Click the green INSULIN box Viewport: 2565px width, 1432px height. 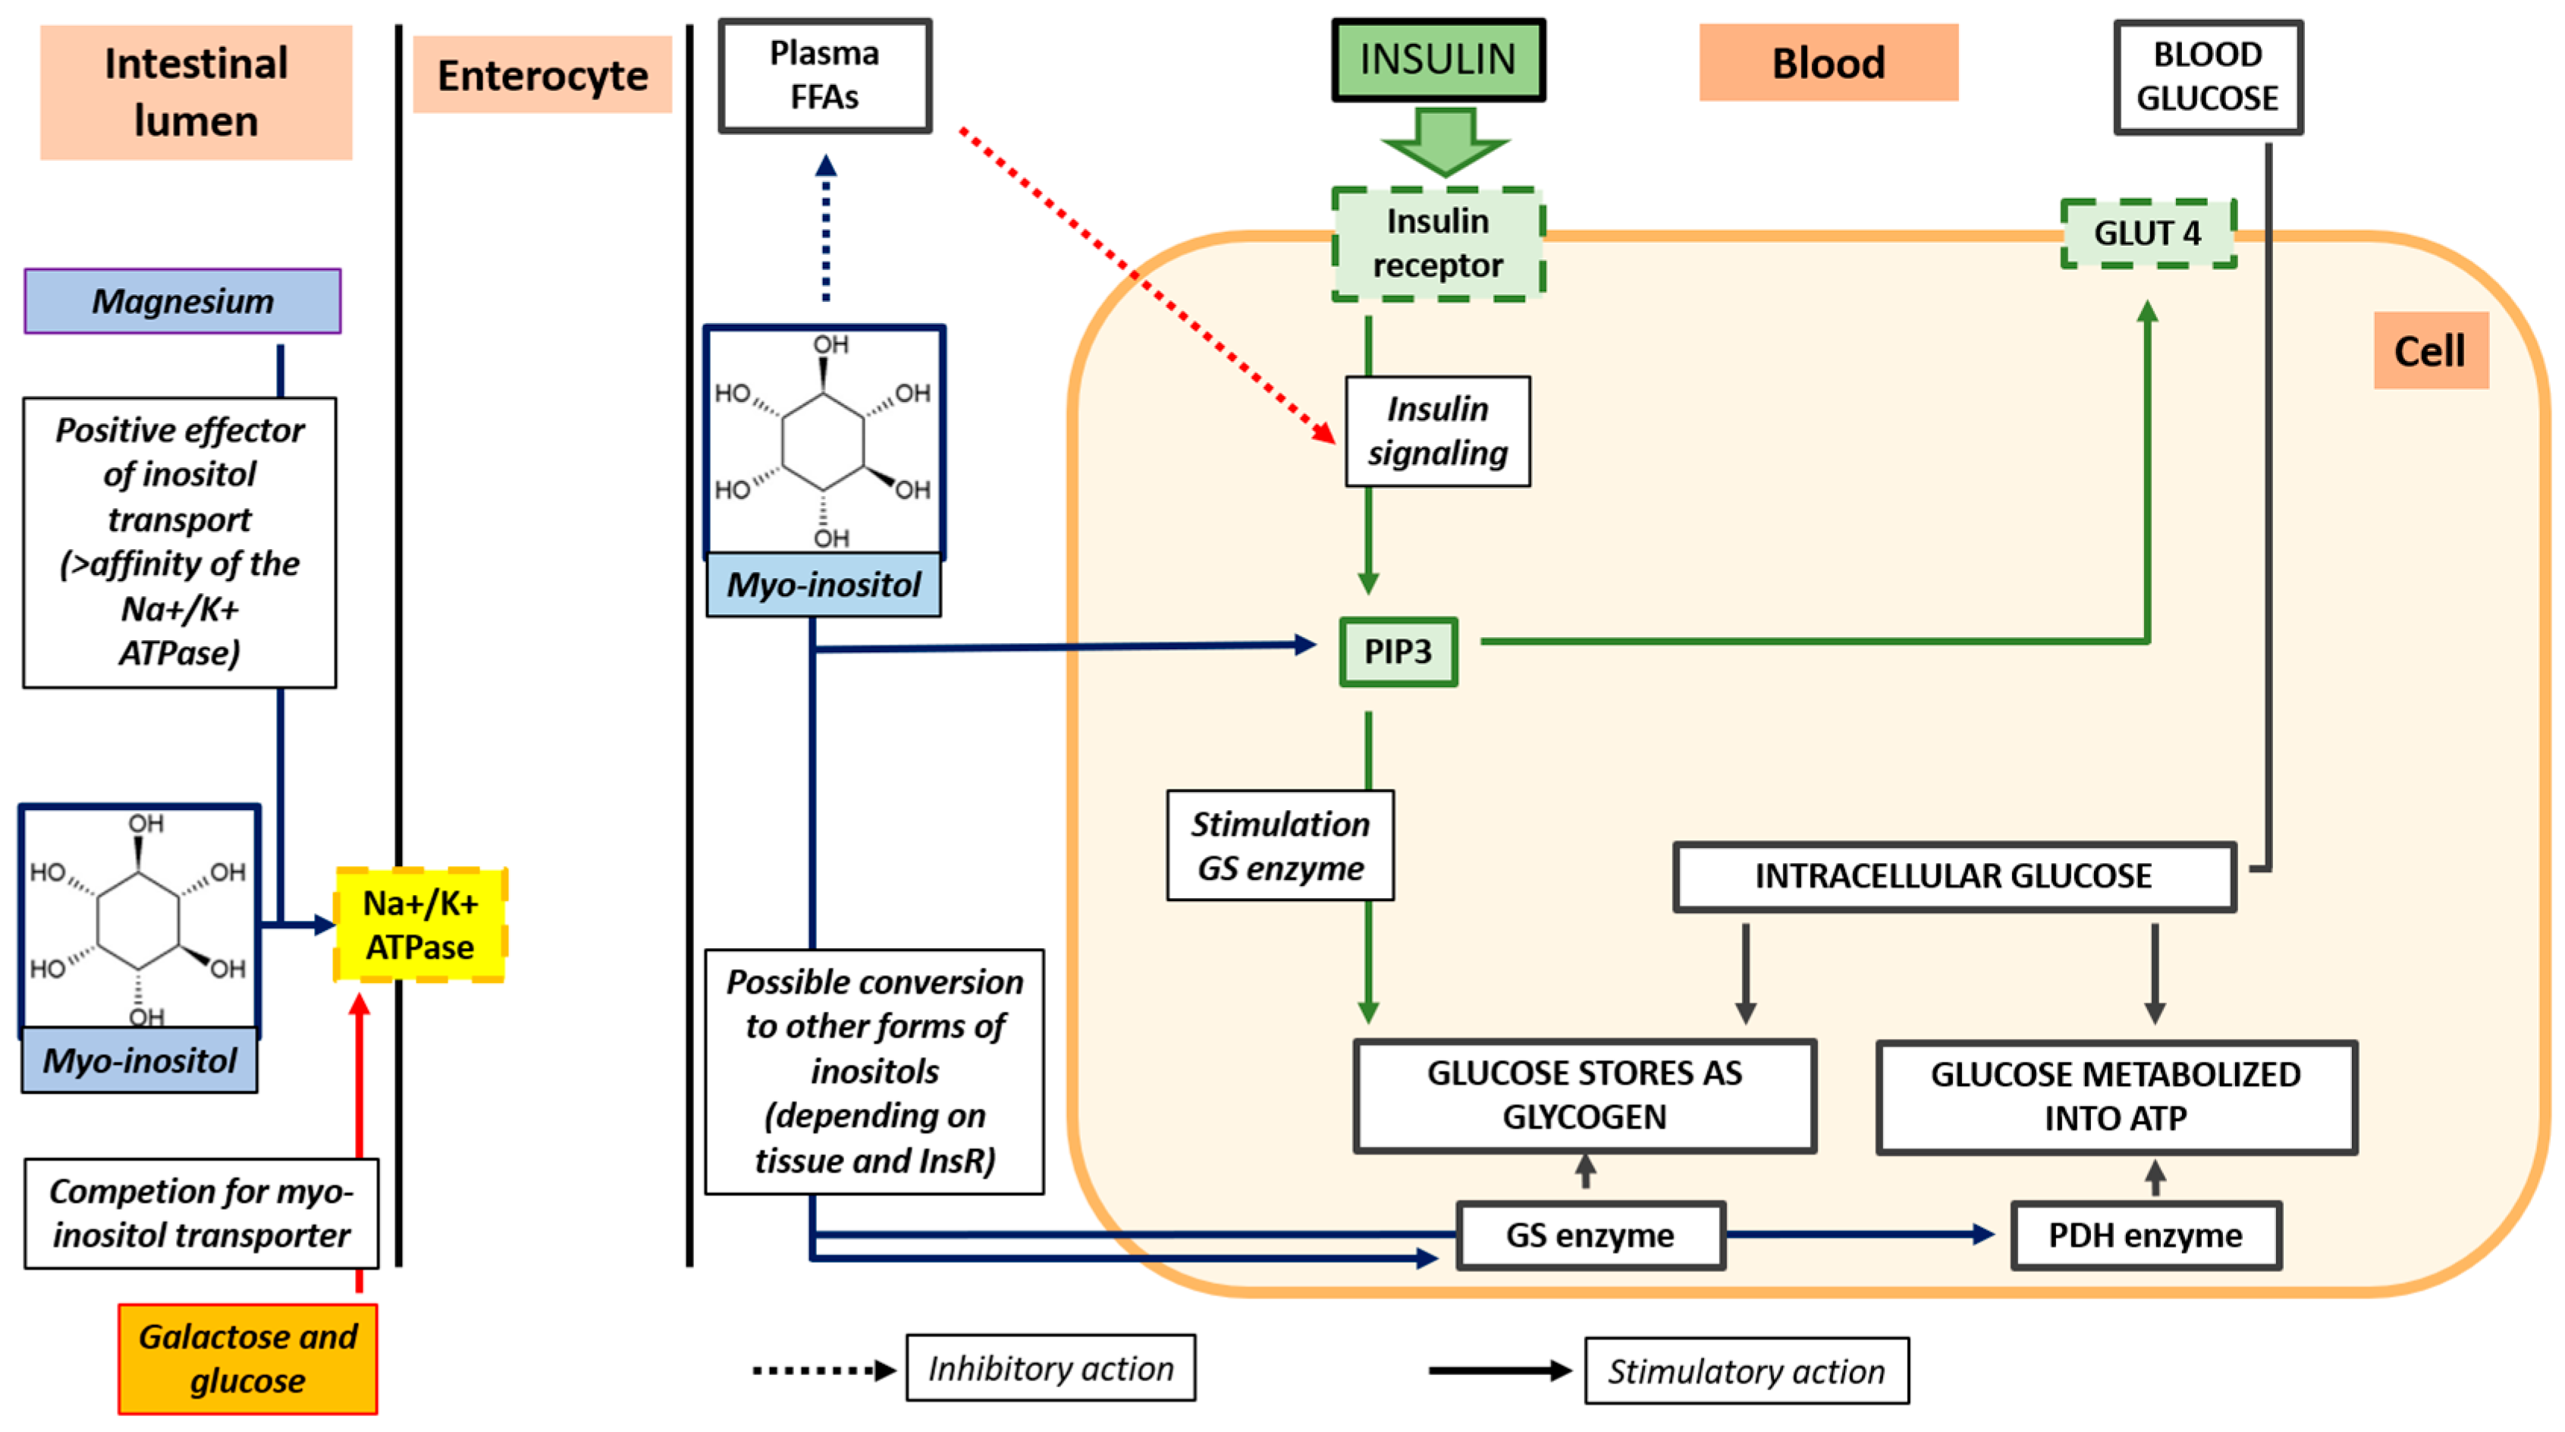coord(1438,60)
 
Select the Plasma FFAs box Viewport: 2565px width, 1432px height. coord(824,76)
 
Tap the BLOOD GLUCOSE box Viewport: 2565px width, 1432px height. coord(2208,77)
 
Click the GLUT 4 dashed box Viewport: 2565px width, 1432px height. coord(2148,233)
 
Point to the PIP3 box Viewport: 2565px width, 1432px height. coord(1398,652)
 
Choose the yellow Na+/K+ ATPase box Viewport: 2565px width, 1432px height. coord(420,925)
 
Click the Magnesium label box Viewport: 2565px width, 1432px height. coord(182,301)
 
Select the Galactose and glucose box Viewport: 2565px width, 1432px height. coord(247,1358)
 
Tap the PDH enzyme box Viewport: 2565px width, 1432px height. coord(2145,1235)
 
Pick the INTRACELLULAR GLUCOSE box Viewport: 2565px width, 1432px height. coord(1954,876)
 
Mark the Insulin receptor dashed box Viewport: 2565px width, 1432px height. coord(1438,243)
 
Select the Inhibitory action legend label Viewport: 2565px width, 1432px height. coord(1050,1368)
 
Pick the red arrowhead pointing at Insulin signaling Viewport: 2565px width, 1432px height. coord(1324,432)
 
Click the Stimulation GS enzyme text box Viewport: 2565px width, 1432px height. coord(1279,846)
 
